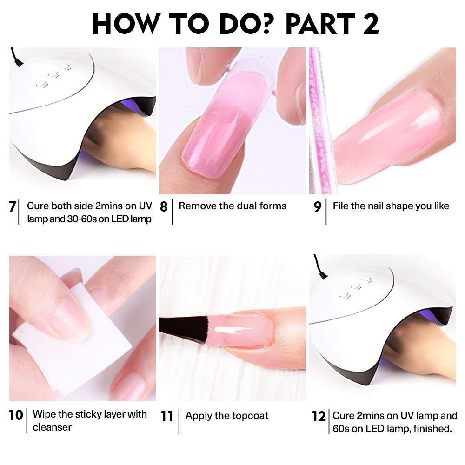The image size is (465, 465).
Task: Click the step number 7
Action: (x=13, y=206)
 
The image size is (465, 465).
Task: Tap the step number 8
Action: (x=164, y=206)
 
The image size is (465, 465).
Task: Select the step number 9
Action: (x=318, y=206)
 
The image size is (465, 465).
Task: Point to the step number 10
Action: (x=16, y=415)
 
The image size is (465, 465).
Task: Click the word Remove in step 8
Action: (x=195, y=206)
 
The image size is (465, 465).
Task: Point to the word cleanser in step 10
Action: (x=52, y=427)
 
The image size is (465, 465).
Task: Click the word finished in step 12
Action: (x=433, y=428)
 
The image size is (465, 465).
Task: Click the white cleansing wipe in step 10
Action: (x=51, y=344)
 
